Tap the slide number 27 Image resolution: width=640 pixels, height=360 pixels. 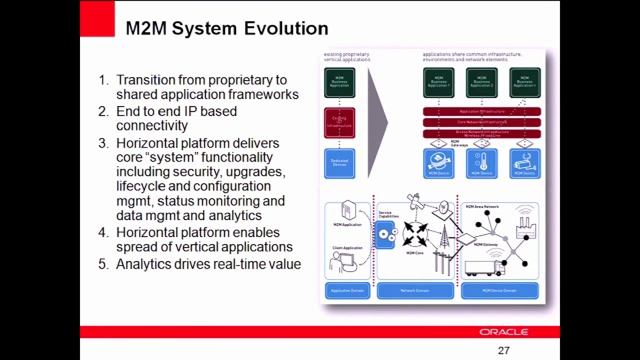coord(503,351)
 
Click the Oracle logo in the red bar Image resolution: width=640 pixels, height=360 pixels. coord(503,331)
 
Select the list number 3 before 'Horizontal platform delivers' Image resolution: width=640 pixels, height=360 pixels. coord(102,143)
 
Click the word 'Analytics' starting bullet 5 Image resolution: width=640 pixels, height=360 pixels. coord(151,264)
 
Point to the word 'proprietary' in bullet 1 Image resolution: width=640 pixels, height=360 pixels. coord(242,79)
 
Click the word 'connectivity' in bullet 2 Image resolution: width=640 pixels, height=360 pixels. coord(153,127)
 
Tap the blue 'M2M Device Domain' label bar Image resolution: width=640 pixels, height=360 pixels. coord(500,290)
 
